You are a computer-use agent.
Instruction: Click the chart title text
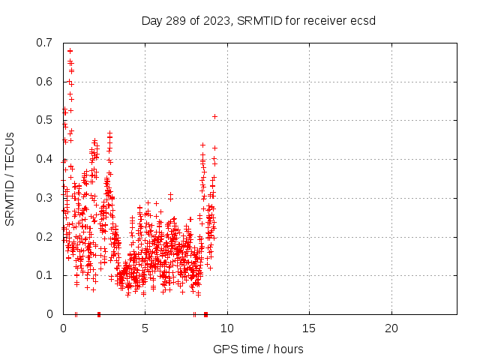(259, 20)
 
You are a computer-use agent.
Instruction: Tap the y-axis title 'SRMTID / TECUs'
(10, 178)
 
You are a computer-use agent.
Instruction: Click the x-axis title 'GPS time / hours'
(259, 349)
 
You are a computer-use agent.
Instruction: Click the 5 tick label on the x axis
(145, 328)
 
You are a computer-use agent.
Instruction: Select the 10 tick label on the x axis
(227, 328)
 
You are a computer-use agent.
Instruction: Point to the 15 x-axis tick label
(309, 328)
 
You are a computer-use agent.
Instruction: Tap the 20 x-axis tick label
(391, 328)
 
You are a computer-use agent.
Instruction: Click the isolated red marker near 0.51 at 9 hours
(214, 116)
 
